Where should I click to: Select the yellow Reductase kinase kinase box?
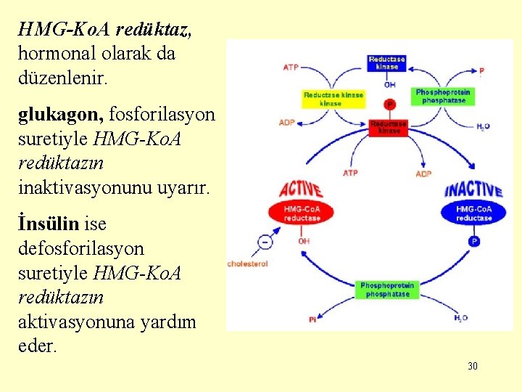(333, 99)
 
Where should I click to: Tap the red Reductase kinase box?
(389, 127)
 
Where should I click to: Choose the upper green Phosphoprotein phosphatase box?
(443, 97)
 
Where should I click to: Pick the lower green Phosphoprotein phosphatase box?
(388, 290)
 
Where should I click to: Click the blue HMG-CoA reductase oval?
(474, 213)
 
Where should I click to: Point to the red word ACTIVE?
(300, 187)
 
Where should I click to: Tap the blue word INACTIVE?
(473, 189)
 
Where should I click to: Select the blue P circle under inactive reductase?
(474, 241)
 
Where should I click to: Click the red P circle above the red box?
(390, 105)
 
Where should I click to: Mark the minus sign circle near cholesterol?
(265, 242)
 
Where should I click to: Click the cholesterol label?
(248, 264)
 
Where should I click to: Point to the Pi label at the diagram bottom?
(312, 319)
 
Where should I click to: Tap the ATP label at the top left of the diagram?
(290, 68)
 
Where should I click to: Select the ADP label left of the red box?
(286, 123)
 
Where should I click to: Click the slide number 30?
(473, 366)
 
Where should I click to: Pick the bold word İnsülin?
(49, 224)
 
